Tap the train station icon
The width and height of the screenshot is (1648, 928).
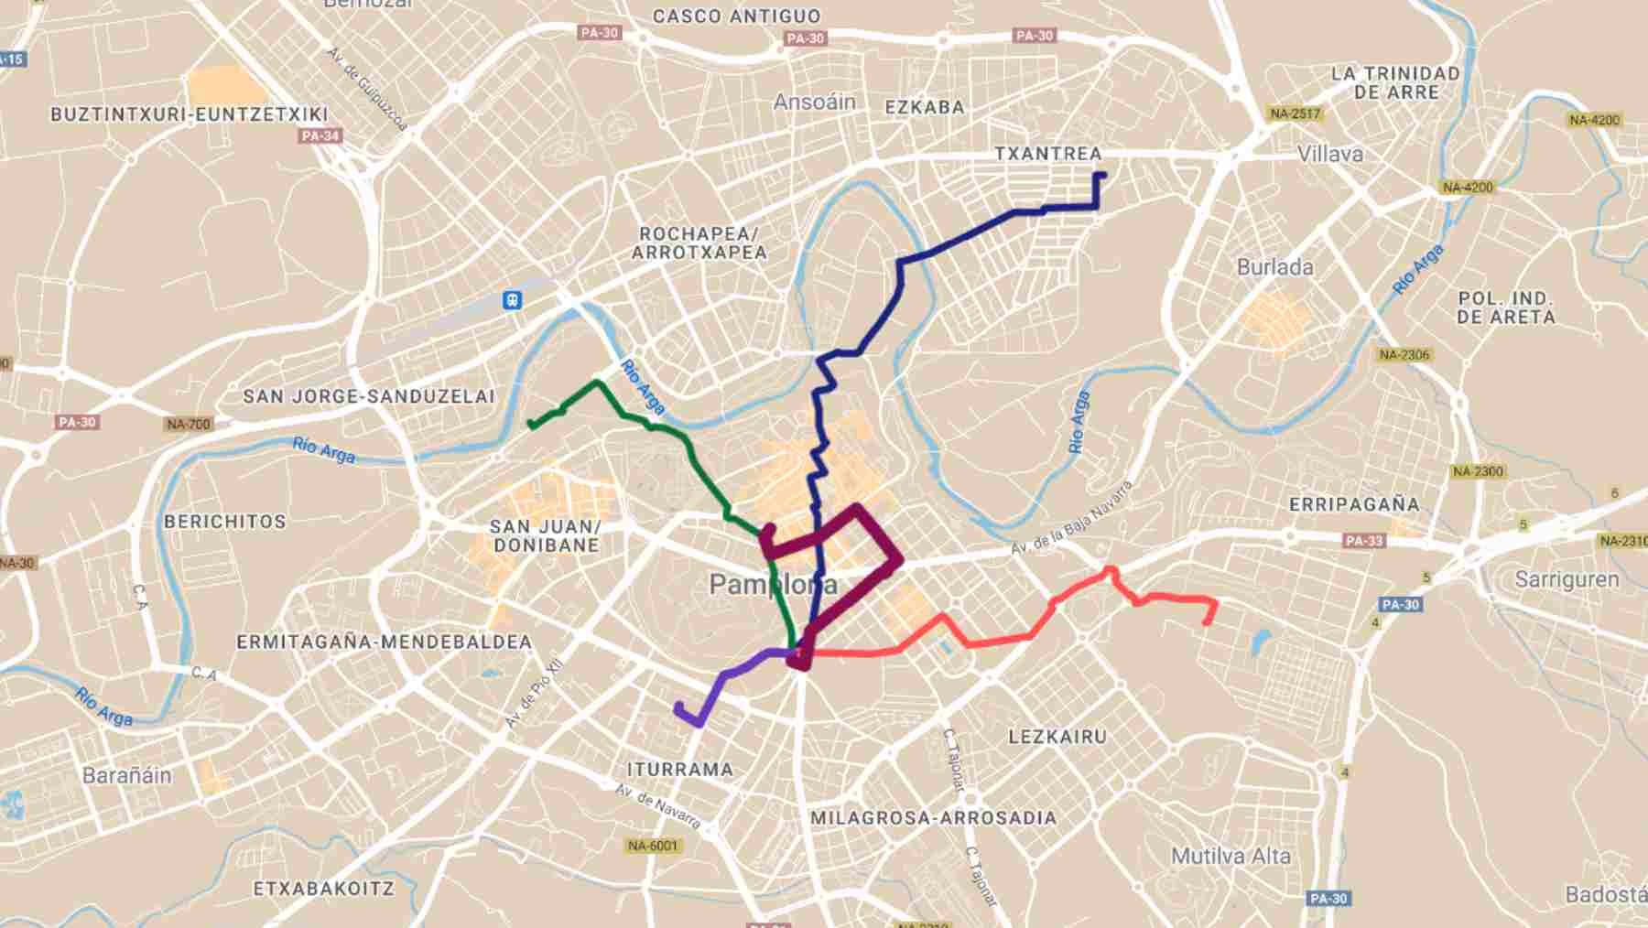pos(513,299)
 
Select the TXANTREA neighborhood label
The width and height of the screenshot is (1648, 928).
pos(1048,154)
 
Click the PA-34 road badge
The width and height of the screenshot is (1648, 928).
pos(320,136)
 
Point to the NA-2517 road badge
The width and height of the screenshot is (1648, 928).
pos(1295,114)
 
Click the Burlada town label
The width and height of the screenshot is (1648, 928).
pos(1274,267)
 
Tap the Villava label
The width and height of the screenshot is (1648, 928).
pos(1329,154)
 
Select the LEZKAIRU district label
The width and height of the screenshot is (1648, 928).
pos(1057,737)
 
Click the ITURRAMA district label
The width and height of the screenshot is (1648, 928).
pos(679,770)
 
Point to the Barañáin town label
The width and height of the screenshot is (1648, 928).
pos(126,775)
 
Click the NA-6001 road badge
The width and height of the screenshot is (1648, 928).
pos(653,846)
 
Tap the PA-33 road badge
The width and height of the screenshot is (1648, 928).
pos(1364,541)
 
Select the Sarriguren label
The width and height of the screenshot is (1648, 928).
pos(1567,579)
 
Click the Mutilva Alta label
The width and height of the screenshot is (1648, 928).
pos(1231,857)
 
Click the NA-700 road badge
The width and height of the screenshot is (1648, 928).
pos(189,424)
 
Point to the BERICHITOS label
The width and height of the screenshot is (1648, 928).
pos(225,522)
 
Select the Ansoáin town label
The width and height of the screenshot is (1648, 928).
pos(814,102)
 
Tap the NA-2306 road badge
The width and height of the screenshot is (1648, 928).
pos(1404,354)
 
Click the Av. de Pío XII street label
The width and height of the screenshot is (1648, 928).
pos(534,693)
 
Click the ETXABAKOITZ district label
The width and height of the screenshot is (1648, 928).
pos(323,889)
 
